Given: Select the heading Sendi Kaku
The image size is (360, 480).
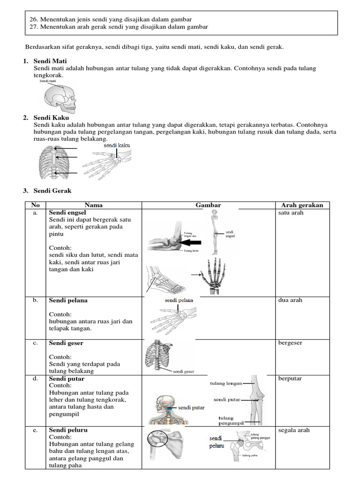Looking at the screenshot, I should pos(51,118).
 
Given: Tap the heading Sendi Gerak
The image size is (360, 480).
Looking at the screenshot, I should pos(52,191).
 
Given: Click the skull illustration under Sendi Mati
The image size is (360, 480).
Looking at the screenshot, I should pos(59,98).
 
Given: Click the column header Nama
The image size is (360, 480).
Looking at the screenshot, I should pos(94,205).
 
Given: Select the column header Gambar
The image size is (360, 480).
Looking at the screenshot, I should pos(208,205).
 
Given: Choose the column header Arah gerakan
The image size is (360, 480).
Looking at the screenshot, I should pos(302,205).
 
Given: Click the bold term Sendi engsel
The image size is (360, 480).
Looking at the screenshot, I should pos(67,212).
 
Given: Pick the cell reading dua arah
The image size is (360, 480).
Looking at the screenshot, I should pos(290,300).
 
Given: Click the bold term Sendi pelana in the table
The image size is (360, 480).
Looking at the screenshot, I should pos(68,300).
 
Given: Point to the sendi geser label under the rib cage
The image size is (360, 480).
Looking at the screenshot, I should pos(184,372).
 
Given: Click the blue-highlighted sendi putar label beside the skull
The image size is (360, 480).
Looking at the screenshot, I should pos(190,408).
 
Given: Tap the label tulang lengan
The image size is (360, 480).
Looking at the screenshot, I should pos(226,383).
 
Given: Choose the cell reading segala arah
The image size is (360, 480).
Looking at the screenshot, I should pos(294,430).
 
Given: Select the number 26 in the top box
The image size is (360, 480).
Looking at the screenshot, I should pos(33,19).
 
